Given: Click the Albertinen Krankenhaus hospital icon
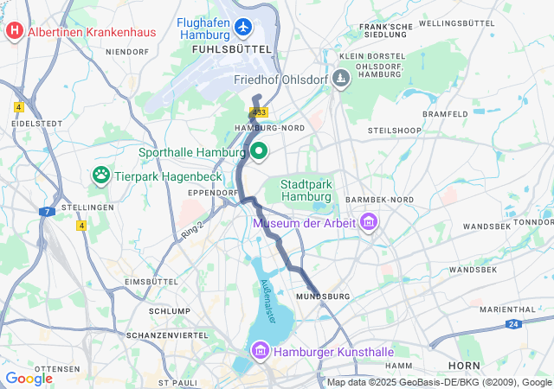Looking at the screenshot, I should (15, 32).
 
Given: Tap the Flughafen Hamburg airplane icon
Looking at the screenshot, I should (242, 28).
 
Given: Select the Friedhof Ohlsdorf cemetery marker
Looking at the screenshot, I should (342, 80).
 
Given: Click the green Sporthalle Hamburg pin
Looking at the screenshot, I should (258, 152).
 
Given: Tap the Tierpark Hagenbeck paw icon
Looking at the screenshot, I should (101, 175).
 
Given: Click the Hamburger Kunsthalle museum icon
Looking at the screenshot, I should (259, 352).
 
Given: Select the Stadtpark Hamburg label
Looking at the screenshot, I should (306, 190).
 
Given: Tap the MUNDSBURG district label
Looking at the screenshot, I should (322, 297).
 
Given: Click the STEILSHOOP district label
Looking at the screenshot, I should (394, 130).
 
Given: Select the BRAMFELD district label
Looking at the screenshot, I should (444, 113).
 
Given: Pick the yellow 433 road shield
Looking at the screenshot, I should (259, 112).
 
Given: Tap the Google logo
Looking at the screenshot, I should (29, 379).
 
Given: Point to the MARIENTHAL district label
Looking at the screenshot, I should (507, 309).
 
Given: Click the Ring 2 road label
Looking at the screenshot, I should (191, 232).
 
